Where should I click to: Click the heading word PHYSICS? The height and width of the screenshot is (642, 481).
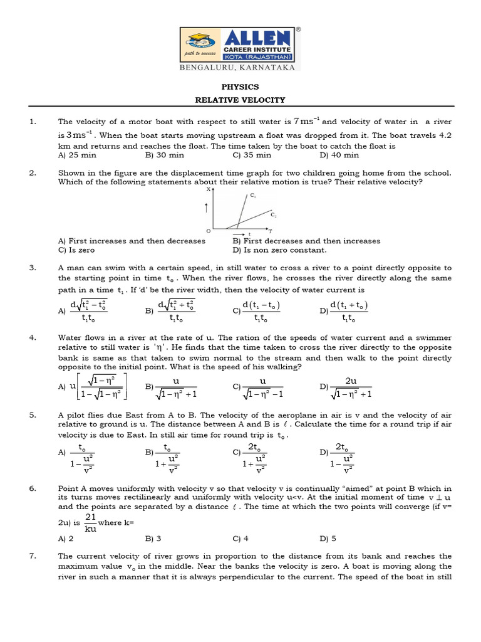click(x=240, y=87)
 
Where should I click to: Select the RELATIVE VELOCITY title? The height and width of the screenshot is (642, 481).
click(x=240, y=100)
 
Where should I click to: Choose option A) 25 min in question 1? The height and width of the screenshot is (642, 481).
click(x=77, y=155)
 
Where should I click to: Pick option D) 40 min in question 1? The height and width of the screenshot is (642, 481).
click(x=339, y=155)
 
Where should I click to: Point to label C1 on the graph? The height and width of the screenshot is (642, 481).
click(x=252, y=196)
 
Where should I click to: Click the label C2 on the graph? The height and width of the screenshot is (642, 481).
click(x=274, y=214)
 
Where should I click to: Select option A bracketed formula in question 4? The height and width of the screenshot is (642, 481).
click(x=93, y=386)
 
